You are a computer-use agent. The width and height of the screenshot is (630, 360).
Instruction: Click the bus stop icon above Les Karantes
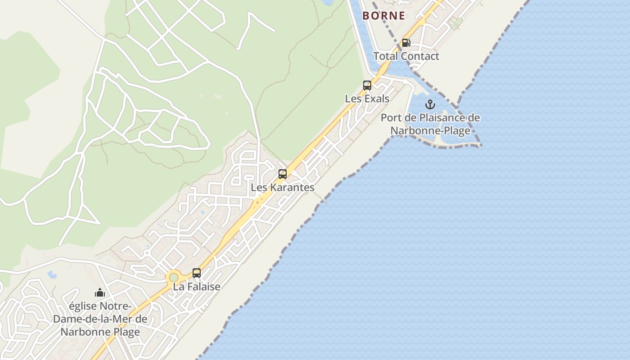[x=283, y=174]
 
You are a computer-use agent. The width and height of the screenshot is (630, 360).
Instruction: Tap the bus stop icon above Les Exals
[x=367, y=85]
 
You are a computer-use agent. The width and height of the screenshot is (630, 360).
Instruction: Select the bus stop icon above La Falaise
[x=197, y=273]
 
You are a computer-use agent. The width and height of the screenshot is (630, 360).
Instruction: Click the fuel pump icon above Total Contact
[x=406, y=43]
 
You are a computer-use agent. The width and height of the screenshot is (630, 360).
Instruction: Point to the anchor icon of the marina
[x=431, y=104]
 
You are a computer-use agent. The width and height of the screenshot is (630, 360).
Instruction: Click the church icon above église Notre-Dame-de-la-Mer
[x=100, y=293]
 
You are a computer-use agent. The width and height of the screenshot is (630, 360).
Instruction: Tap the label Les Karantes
[x=283, y=187]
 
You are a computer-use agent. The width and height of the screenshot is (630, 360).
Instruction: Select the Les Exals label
[x=367, y=98]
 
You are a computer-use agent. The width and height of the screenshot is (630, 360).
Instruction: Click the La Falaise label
[x=197, y=287]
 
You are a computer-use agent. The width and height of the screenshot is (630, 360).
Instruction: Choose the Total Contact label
[x=406, y=56]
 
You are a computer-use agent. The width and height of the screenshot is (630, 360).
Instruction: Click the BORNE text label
[x=384, y=16]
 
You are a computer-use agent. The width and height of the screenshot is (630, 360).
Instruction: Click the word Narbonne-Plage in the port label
[x=430, y=131]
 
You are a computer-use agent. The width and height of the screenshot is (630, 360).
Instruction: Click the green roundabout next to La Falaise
[x=173, y=277]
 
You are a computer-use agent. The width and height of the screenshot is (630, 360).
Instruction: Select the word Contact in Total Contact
[x=420, y=56]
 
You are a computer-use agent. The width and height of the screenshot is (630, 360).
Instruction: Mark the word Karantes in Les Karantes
[x=292, y=187]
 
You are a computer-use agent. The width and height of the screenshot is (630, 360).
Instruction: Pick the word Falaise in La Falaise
[x=203, y=287]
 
